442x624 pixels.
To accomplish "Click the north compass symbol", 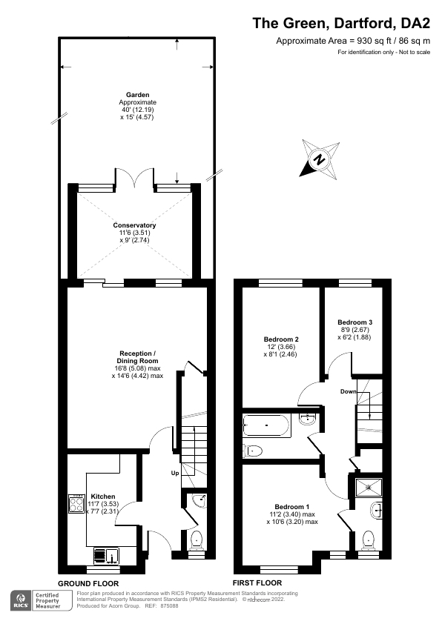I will tap(319, 159).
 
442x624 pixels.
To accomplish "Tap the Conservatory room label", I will tap(134, 225).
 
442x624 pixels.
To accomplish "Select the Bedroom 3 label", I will tap(354, 322).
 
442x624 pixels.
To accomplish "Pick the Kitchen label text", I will tap(102, 497).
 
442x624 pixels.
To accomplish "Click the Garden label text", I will tap(137, 96).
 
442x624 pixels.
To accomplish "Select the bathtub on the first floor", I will tap(266, 425).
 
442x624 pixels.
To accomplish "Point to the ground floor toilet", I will tap(197, 539).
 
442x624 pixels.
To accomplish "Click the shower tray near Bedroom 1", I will tap(369, 486).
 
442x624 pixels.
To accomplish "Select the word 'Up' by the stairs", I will tap(175, 472).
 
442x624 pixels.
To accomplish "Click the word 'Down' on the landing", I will tap(349, 391).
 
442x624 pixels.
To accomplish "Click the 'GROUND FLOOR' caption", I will tap(88, 583).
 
